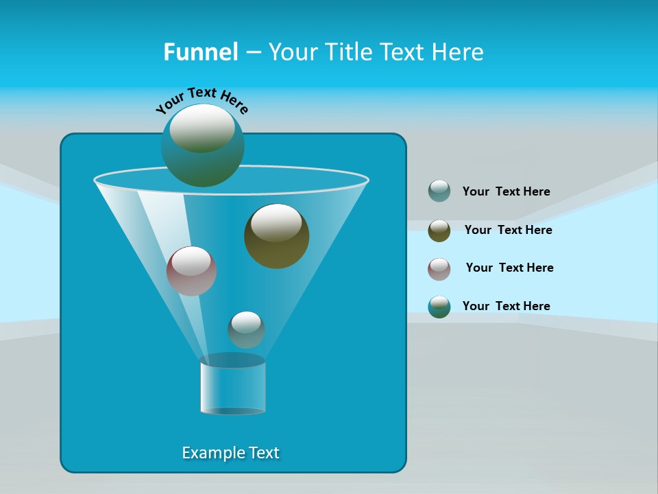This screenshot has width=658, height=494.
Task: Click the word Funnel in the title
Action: [201, 52]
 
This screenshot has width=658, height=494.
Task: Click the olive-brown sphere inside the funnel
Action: [276, 237]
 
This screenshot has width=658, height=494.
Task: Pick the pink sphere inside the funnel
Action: [192, 271]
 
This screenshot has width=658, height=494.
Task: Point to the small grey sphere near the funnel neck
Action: [246, 330]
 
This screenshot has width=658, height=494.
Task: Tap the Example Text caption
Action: [231, 453]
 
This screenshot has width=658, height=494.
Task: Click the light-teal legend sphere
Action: [439, 191]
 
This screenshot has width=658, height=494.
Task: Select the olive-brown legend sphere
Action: [439, 231]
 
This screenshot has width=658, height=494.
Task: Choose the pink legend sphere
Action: [439, 269]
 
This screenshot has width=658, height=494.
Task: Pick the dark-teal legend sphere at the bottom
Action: [439, 307]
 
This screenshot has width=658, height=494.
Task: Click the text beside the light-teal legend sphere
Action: [506, 192]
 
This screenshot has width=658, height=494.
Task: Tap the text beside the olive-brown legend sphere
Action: [508, 231]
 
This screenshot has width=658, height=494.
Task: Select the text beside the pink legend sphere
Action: [509, 268]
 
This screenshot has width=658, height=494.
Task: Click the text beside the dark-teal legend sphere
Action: [506, 307]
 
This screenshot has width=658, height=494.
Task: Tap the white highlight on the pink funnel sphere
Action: [191, 261]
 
